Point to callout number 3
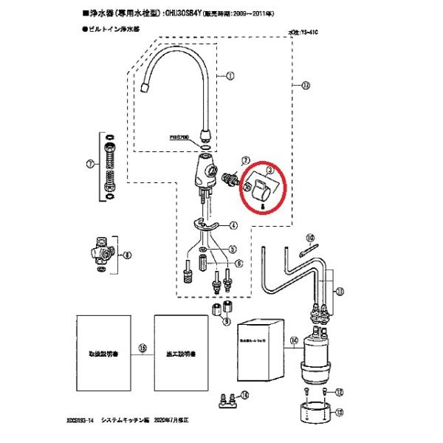point(269,171)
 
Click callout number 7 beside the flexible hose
point(90,163)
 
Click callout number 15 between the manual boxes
point(142,346)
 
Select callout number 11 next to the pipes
point(339,292)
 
